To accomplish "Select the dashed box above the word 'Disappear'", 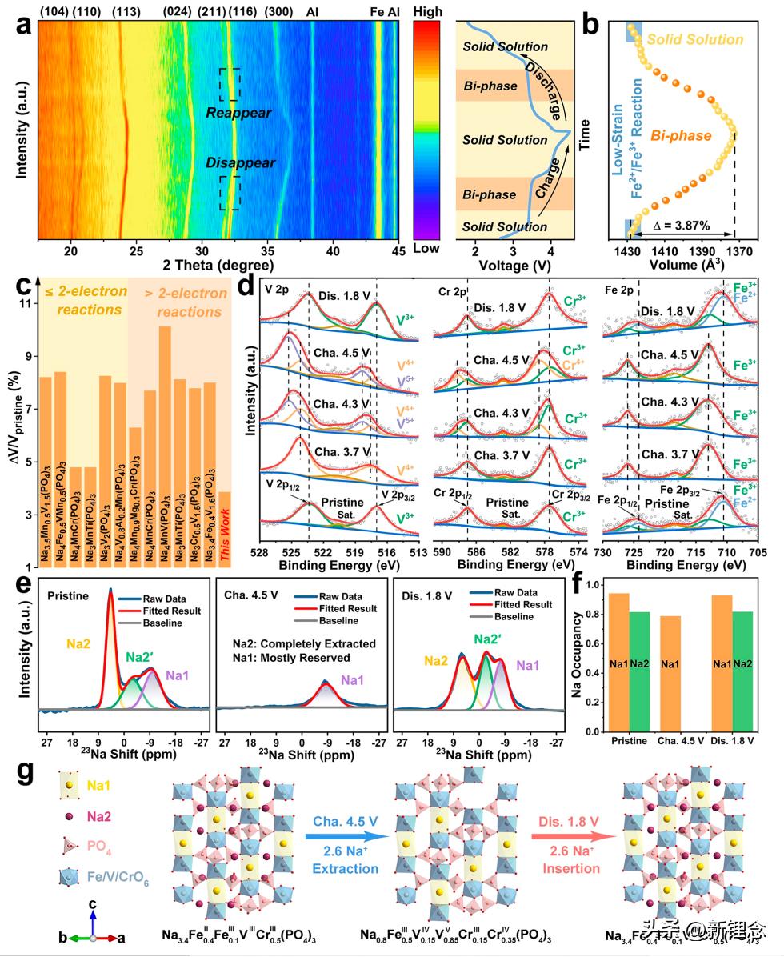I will pos(230,193).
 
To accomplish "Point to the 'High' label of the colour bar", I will pos(426,13).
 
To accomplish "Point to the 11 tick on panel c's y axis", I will pos(26,305).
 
